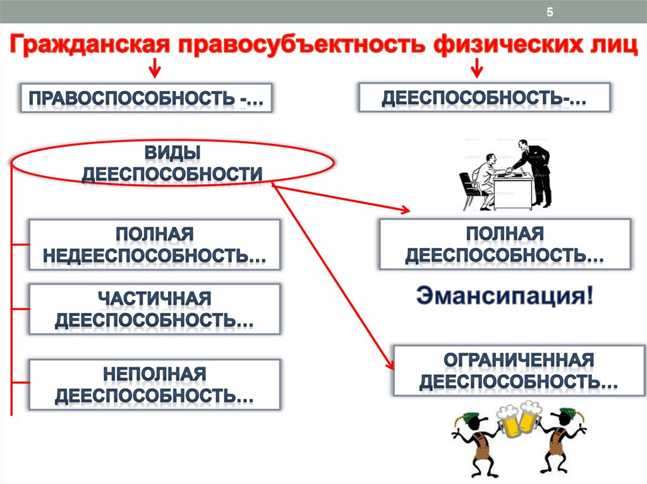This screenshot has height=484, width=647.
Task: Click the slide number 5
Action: tap(549, 13)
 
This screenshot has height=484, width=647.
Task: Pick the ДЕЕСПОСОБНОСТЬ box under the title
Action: tap(485, 97)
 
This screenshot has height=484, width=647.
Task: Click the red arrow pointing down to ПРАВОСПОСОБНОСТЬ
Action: tap(154, 68)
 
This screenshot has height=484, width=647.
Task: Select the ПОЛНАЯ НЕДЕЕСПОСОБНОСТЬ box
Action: tap(154, 244)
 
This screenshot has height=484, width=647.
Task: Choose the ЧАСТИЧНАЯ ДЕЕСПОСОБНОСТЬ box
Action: tap(154, 309)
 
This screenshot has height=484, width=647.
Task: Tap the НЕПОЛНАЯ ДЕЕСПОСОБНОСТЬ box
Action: tap(154, 384)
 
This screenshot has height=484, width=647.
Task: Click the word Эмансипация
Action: tap(503, 296)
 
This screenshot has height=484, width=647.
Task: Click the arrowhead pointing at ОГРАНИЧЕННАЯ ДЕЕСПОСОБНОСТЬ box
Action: tap(389, 365)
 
